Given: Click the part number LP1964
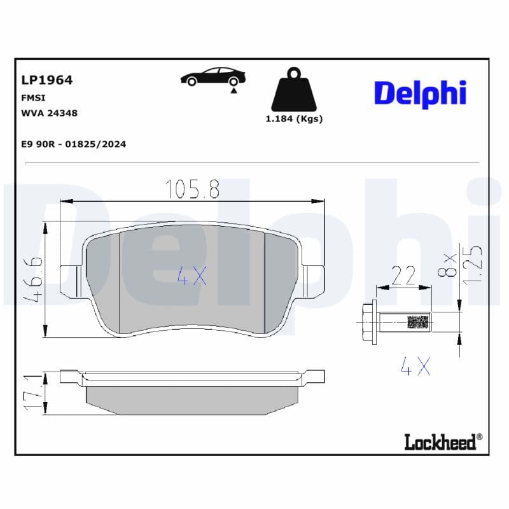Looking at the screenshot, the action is (x=46, y=80).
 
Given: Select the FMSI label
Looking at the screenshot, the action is (x=33, y=98).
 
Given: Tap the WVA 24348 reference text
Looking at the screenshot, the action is (x=50, y=113).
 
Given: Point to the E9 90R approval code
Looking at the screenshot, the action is (x=74, y=144).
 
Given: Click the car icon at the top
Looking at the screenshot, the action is (x=213, y=77).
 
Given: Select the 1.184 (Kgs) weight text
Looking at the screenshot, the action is (x=294, y=119).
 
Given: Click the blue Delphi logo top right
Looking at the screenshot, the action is (x=421, y=94).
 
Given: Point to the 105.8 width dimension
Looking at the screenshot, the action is (x=193, y=189).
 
